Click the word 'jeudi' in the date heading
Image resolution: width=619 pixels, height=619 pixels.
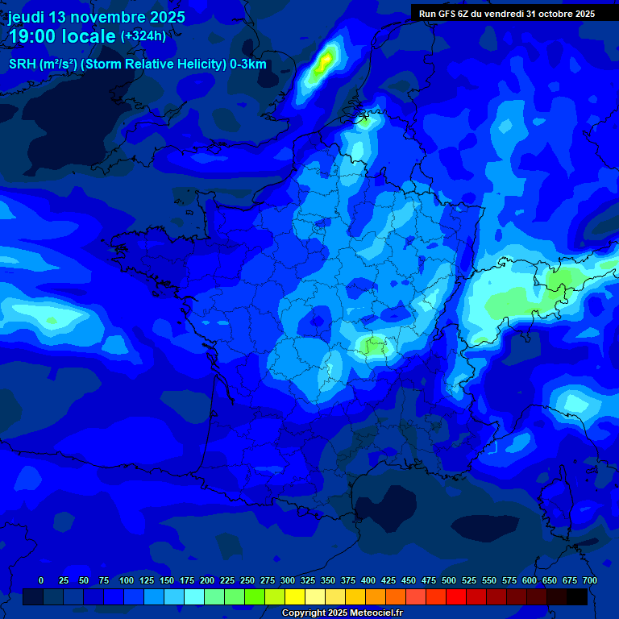(x=27, y=17)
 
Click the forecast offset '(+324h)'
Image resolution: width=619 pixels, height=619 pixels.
(x=143, y=36)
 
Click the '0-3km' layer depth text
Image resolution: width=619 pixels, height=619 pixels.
(x=247, y=64)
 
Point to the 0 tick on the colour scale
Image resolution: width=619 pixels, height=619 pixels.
(x=41, y=580)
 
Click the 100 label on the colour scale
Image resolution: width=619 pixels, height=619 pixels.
(x=127, y=580)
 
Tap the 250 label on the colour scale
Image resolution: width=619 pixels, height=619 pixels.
(x=247, y=580)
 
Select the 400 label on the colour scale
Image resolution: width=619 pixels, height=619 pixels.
(x=368, y=580)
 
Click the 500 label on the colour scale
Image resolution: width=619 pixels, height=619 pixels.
(x=449, y=580)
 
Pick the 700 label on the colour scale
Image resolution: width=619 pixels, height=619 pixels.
(x=590, y=580)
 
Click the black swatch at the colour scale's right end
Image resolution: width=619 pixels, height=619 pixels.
(x=577, y=597)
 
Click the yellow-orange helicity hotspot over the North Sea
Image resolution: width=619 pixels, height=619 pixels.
(x=325, y=60)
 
